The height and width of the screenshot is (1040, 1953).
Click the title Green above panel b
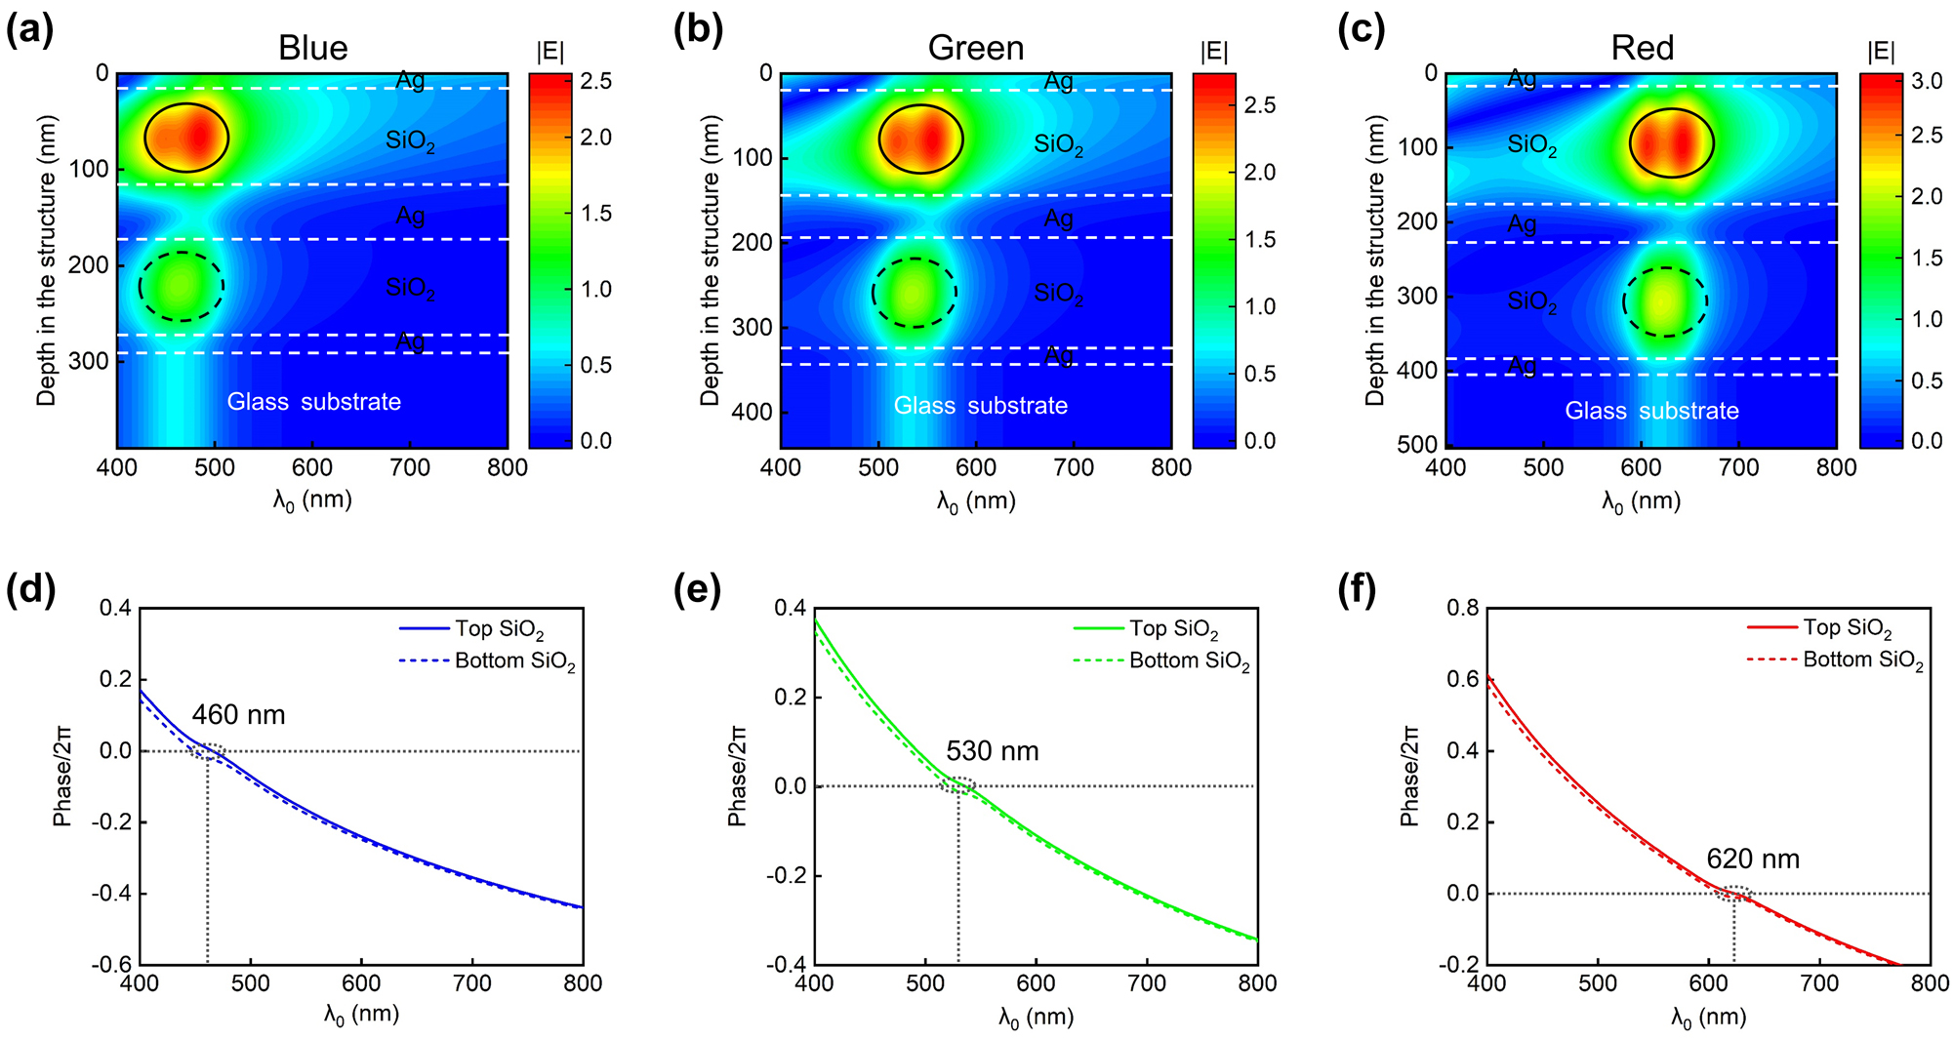tap(975, 48)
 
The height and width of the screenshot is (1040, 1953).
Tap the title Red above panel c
tap(1642, 48)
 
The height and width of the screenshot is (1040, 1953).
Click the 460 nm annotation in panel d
tap(238, 715)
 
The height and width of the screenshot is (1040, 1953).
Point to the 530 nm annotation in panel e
tap(992, 751)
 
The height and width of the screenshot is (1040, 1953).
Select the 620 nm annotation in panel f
tap(1752, 859)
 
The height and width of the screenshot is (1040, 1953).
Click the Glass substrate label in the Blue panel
tap(313, 402)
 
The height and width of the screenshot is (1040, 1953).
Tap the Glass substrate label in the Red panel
tap(1651, 411)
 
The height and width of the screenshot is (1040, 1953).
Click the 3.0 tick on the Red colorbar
tap(1926, 82)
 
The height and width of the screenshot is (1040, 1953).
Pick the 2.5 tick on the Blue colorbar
tap(595, 82)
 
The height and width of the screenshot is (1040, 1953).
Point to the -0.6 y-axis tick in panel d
tap(111, 965)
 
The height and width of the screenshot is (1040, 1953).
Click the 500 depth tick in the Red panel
tap(1416, 445)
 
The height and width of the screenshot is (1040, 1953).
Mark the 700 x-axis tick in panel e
tap(1146, 983)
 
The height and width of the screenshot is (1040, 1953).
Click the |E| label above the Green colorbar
tap(1214, 52)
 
